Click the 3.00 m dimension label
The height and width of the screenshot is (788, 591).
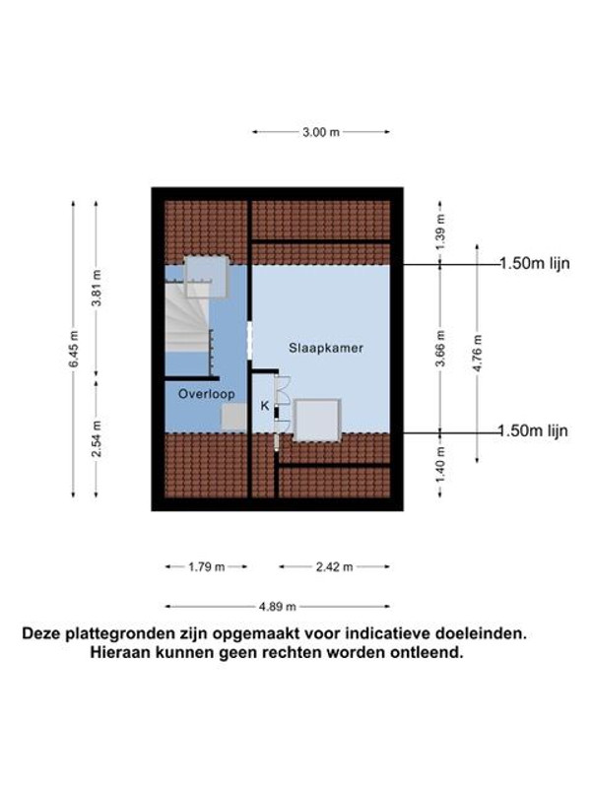(x=321, y=132)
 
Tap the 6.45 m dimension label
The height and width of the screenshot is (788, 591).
(x=73, y=349)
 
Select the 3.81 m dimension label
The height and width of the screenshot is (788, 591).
(x=97, y=288)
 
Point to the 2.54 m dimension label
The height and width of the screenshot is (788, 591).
(x=97, y=438)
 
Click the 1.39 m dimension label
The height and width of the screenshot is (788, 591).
(x=440, y=231)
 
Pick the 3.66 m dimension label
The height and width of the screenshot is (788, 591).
(x=440, y=348)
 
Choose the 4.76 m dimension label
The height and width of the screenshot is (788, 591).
(x=478, y=353)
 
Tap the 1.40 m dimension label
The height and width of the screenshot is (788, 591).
(x=440, y=464)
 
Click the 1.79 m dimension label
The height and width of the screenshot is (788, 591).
(x=207, y=567)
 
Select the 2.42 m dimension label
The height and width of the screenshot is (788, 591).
(x=334, y=567)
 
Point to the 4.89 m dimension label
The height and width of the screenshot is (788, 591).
(x=278, y=607)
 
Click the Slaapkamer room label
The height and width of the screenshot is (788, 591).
(x=326, y=348)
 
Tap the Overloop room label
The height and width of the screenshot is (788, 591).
(x=207, y=394)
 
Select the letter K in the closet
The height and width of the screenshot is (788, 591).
(x=265, y=406)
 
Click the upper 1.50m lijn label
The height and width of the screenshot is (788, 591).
(x=535, y=263)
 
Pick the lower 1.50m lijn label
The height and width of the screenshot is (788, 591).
(x=533, y=430)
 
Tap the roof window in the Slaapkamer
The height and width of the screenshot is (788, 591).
(x=317, y=421)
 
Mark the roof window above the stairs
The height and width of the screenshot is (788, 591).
(x=207, y=277)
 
